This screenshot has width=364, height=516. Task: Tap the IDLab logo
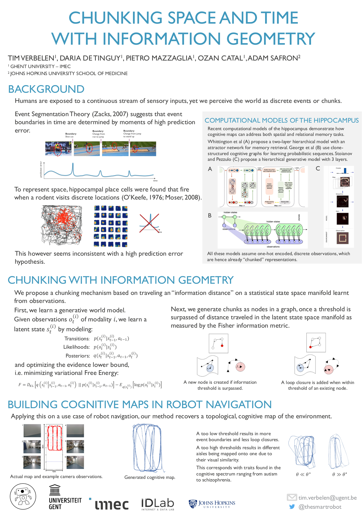pyautogui.click(x=158, y=504)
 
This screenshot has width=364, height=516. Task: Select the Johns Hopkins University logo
pyautogui.click(x=212, y=504)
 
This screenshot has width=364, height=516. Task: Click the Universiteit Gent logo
pyautogui.click(x=65, y=497)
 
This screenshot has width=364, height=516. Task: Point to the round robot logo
pyautogui.click(x=23, y=497)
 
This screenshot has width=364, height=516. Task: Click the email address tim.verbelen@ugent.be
pyautogui.click(x=327, y=498)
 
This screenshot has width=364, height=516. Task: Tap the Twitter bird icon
pyautogui.click(x=292, y=507)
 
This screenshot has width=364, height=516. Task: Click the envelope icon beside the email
pyautogui.click(x=292, y=497)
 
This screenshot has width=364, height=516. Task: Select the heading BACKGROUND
pyautogui.click(x=46, y=89)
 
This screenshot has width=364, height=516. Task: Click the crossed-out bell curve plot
pyautogui.click(x=150, y=223)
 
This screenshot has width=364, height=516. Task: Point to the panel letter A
pyautogui.click(x=210, y=169)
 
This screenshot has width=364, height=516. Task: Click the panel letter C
pyautogui.click(x=318, y=169)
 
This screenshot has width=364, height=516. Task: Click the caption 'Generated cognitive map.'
pyautogui.click(x=150, y=477)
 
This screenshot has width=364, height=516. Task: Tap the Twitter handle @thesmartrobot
pyautogui.click(x=320, y=507)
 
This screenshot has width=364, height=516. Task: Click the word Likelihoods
pyautogui.click(x=76, y=347)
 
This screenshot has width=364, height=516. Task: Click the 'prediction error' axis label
pyautogui.click(x=41, y=169)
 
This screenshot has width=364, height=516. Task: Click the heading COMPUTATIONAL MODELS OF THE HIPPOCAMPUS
pyautogui.click(x=281, y=120)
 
